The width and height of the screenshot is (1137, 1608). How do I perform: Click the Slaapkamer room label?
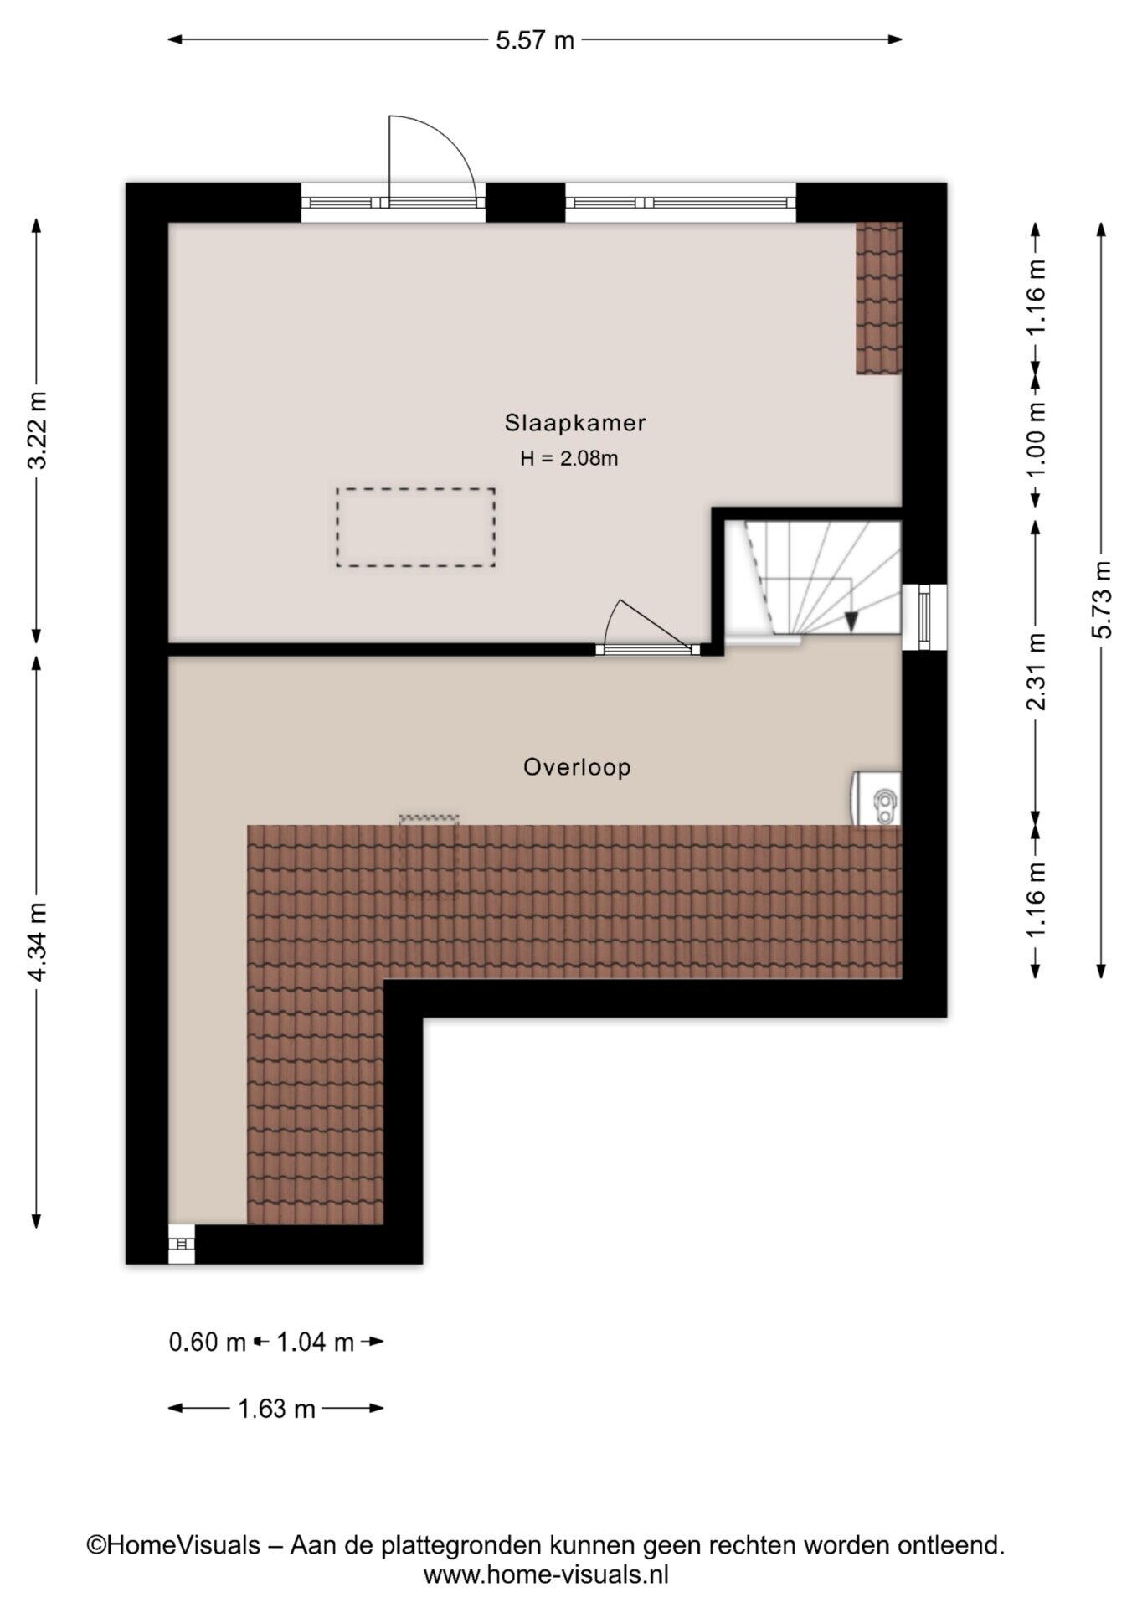574,423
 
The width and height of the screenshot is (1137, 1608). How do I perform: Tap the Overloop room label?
577,767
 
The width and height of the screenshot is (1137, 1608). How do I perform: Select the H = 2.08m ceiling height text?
569,458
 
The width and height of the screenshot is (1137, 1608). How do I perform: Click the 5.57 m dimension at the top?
535,39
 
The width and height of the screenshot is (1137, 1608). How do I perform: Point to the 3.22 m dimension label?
38,430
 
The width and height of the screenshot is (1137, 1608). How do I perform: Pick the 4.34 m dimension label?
38,941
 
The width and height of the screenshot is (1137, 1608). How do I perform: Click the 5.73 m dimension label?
1102,600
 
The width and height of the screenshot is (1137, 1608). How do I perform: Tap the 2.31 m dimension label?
1036,671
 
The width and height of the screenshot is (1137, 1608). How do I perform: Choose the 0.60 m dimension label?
208,1343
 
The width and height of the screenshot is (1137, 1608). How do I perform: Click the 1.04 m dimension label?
315,1343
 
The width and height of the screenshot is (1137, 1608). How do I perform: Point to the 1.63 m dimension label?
276,1410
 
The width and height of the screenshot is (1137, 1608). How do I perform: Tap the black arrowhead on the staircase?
851,621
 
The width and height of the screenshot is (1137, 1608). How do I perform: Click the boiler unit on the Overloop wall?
877,798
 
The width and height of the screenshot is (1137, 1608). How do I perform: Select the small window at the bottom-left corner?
181,1245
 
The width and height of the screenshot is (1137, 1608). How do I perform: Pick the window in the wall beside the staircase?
924,616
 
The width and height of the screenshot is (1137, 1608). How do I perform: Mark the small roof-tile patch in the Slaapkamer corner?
878,298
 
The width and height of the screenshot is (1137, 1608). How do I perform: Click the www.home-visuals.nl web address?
546,1575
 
